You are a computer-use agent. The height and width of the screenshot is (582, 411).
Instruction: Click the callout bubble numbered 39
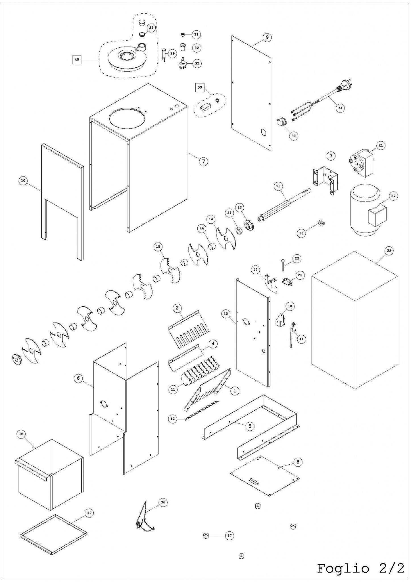[x=389, y=250]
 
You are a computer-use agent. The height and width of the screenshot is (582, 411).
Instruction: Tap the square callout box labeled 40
[x=77, y=59]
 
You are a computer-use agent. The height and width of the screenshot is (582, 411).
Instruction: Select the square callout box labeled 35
[x=200, y=87]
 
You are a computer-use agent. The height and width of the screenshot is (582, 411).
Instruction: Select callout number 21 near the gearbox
[x=381, y=145]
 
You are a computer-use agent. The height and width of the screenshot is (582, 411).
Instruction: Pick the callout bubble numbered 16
[x=21, y=434]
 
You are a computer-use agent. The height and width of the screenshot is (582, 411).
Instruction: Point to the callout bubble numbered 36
[x=163, y=502]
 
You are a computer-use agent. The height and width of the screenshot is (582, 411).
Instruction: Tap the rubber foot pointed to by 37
[x=206, y=536]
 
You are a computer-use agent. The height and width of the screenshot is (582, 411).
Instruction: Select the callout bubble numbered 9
[x=267, y=37]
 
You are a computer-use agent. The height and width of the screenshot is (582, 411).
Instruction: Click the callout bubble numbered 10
[x=23, y=180]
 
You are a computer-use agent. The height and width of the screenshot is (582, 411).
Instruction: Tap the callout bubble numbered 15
[x=158, y=246]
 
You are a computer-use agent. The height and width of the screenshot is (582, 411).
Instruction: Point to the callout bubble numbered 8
[x=298, y=462]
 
